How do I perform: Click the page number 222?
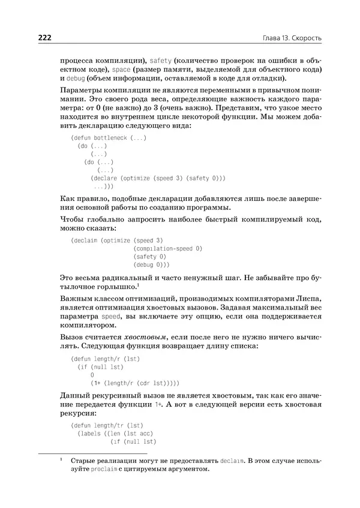45,38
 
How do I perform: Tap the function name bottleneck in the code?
109,137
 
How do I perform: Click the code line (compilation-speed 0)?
169,248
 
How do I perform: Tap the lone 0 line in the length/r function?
92,374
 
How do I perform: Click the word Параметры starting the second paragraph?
82,90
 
